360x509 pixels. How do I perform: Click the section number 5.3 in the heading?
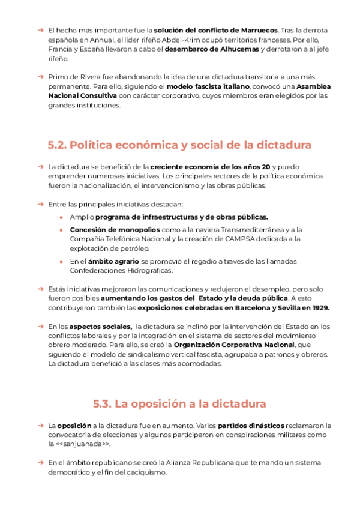[x=103, y=403]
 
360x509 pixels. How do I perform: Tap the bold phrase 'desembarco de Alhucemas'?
[x=212, y=49]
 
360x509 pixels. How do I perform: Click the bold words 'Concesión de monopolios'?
[x=115, y=229]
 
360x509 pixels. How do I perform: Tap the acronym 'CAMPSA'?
[x=239, y=239]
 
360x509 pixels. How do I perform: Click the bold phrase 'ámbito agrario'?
[x=113, y=261]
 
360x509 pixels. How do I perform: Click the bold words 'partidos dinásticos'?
[x=247, y=426]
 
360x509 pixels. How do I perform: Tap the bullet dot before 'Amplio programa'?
[x=62, y=217]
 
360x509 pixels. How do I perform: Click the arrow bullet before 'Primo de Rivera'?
[x=40, y=77]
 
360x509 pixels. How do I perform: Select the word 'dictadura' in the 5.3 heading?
[x=236, y=403]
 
